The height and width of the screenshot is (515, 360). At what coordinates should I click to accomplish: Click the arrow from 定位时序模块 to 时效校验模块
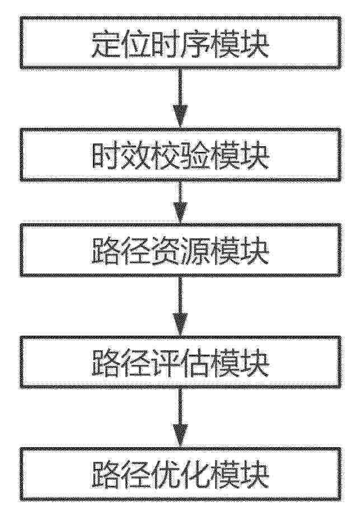pyautogui.click(x=180, y=98)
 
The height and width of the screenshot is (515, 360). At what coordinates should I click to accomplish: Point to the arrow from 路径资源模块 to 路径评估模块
pyautogui.click(x=180, y=306)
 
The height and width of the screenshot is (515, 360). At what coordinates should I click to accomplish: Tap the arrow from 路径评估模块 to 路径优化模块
pyautogui.click(x=180, y=418)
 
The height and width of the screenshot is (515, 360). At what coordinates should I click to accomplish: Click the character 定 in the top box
pyautogui.click(x=106, y=44)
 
